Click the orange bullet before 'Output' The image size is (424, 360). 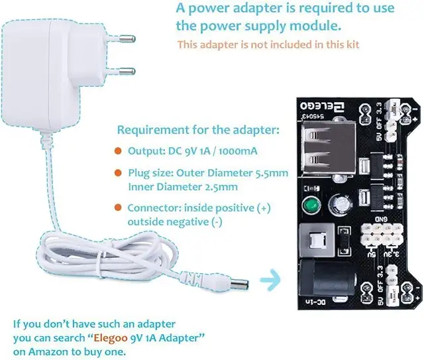pyautogui.click(x=117, y=151)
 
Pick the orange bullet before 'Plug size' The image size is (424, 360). pyautogui.click(x=117, y=174)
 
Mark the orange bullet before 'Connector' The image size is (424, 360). pyautogui.click(x=117, y=208)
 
